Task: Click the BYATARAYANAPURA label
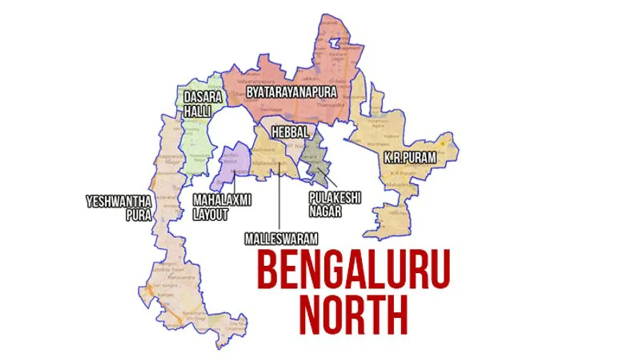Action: click(x=291, y=92)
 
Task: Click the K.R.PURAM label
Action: click(x=409, y=158)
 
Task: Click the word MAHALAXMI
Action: click(x=222, y=200)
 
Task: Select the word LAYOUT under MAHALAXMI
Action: click(x=210, y=215)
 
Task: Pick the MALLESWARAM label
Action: click(x=281, y=238)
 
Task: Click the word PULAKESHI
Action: click(x=335, y=197)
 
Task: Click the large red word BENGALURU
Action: click(x=353, y=271)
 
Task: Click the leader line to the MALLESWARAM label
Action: click(x=279, y=200)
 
